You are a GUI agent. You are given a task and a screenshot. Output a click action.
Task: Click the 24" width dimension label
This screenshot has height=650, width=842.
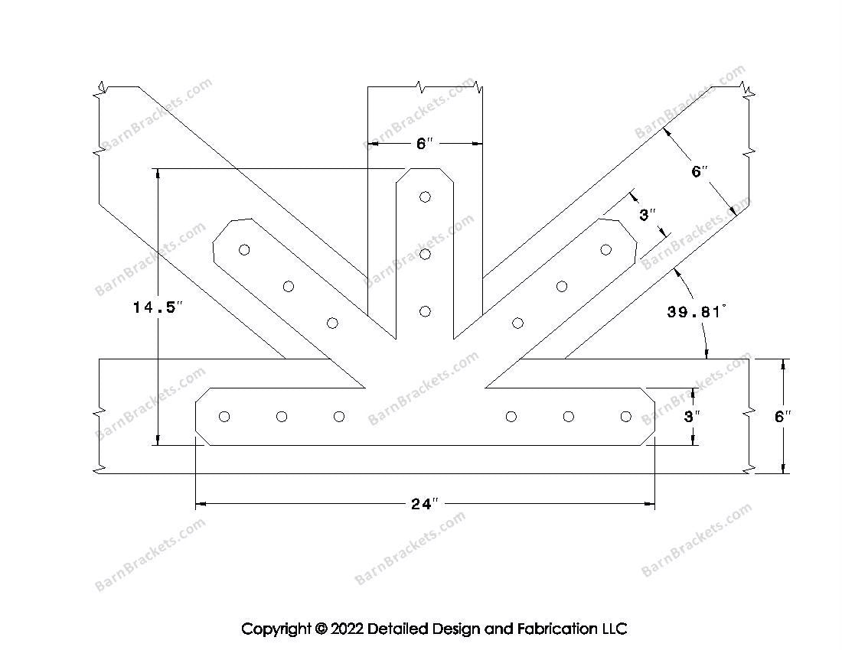(x=426, y=504)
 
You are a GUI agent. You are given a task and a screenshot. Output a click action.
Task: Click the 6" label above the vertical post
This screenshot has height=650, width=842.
(x=425, y=143)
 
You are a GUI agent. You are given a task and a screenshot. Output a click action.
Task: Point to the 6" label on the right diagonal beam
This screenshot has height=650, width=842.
(x=697, y=172)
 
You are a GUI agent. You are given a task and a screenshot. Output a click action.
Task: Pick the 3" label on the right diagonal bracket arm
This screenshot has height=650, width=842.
(x=648, y=215)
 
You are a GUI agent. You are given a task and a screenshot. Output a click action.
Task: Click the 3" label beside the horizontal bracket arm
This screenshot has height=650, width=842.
(x=692, y=417)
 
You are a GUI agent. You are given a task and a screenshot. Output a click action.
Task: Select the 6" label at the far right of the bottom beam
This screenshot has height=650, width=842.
(x=782, y=417)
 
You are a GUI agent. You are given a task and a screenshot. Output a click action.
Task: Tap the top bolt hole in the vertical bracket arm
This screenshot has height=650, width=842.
(x=426, y=197)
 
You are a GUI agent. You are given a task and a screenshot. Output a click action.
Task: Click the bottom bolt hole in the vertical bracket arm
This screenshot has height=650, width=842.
(x=426, y=311)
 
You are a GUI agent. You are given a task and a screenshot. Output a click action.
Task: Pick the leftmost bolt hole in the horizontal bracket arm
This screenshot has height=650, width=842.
(x=224, y=416)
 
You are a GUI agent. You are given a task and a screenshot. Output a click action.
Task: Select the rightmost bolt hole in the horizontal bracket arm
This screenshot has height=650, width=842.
(x=626, y=416)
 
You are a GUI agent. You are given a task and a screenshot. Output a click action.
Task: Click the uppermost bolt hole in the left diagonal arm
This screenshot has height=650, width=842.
(x=244, y=249)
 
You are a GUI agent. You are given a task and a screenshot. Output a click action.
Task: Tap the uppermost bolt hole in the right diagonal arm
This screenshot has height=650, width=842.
(x=605, y=249)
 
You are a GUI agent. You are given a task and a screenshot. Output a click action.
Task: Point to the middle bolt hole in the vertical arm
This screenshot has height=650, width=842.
(x=426, y=254)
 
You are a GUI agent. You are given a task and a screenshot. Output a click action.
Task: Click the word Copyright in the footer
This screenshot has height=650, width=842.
(x=276, y=629)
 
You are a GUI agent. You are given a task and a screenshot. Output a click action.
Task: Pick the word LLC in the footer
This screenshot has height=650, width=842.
(x=613, y=629)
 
